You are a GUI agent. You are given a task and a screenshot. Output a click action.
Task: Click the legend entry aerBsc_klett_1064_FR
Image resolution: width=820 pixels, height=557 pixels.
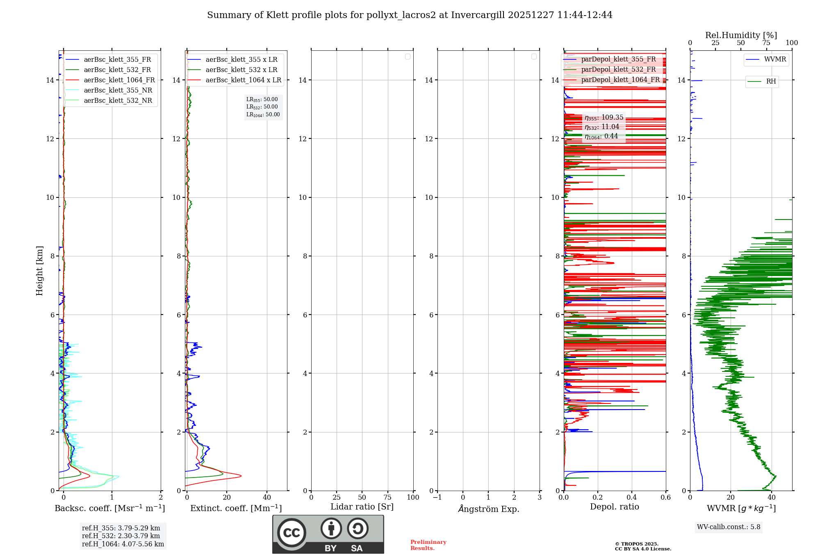point(119,80)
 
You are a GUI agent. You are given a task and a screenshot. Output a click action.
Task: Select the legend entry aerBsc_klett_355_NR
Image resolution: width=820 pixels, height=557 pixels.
point(118,91)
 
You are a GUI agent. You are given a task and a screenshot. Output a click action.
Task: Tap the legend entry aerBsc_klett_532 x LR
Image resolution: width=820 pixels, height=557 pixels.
point(241,70)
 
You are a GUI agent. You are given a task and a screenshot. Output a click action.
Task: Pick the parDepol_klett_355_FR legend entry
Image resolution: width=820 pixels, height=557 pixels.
point(618,59)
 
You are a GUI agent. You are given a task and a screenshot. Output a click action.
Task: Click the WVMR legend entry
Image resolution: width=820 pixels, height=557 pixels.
point(775,59)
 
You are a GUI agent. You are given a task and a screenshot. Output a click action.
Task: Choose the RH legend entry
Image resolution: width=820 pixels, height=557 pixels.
point(771,82)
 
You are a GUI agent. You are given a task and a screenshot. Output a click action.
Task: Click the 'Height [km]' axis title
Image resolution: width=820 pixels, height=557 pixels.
point(39,271)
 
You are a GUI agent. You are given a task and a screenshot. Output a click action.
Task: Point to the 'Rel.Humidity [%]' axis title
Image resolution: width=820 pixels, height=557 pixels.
point(741,35)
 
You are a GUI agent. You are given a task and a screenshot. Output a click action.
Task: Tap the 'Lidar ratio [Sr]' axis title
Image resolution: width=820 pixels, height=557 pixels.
point(362,507)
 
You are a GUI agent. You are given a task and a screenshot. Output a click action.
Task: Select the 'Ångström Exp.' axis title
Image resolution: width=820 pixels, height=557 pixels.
point(488,509)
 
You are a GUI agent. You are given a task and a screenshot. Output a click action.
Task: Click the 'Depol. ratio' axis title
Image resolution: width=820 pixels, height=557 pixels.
point(614,507)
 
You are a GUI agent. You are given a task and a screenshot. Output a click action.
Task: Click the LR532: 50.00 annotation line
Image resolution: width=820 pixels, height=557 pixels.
point(262,107)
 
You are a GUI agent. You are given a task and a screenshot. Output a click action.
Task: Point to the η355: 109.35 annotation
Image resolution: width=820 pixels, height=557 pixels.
point(604,118)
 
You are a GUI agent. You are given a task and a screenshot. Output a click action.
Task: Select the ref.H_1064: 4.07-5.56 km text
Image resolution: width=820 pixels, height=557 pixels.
point(123,544)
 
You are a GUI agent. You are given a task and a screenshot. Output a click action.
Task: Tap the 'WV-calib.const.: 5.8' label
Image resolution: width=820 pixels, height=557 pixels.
point(729,527)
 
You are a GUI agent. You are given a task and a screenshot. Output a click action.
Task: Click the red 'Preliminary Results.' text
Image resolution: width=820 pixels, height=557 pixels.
point(428,545)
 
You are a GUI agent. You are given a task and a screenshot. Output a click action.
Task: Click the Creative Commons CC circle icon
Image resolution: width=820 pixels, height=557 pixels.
point(292,533)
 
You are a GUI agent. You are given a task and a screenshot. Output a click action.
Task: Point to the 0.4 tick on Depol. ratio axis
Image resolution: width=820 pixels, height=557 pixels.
point(632,498)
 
